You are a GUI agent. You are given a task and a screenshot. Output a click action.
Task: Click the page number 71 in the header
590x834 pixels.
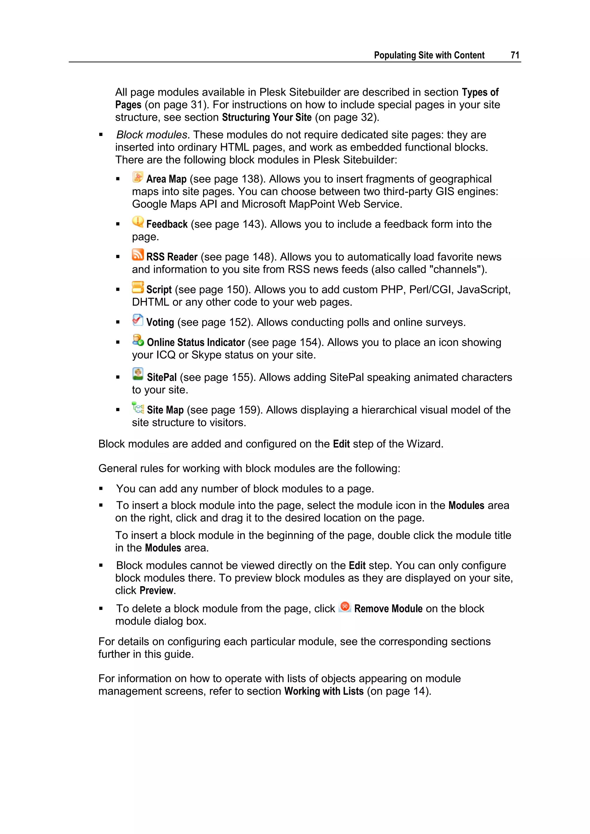[515, 55]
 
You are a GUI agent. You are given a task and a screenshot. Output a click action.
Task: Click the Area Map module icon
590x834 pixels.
[138, 177]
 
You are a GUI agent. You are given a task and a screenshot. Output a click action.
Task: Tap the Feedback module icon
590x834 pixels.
[138, 222]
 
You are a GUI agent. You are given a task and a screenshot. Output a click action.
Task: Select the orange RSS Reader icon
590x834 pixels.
[138, 255]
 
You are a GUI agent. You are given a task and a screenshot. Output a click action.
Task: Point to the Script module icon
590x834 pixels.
[138, 287]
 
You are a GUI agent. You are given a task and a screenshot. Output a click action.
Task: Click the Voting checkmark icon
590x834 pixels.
[138, 320]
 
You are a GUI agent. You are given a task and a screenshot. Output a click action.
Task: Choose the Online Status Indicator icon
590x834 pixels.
[138, 340]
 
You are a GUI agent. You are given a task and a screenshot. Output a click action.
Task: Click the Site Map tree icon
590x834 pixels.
[138, 408]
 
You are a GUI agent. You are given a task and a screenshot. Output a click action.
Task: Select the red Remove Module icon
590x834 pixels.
[345, 607]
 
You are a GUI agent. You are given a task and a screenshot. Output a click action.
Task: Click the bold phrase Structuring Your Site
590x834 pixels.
[267, 117]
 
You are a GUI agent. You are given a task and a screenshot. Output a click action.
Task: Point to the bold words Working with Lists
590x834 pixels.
[324, 691]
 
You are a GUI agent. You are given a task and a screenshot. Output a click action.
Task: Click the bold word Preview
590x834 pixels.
[157, 590]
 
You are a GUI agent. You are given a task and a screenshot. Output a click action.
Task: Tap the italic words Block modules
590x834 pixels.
[152, 135]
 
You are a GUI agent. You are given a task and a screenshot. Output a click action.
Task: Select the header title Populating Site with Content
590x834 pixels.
[429, 55]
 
